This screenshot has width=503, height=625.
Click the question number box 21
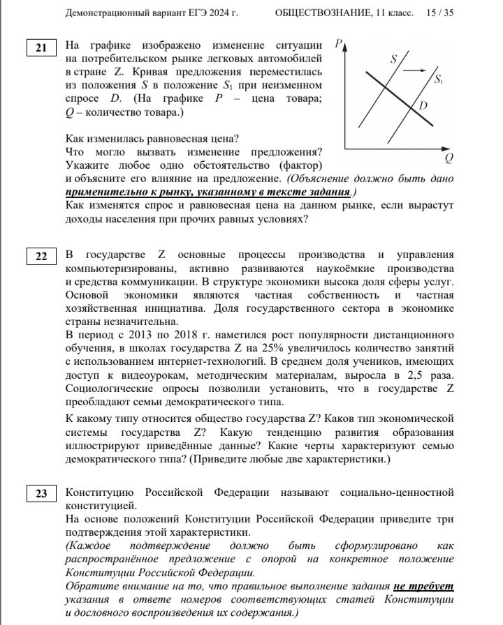[41, 47]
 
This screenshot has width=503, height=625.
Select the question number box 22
[41, 257]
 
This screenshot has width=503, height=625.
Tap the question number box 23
[41, 494]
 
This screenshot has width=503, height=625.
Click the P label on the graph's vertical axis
[338, 44]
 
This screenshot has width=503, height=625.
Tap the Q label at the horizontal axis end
[449, 156]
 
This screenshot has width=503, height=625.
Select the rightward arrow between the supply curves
[415, 70]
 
